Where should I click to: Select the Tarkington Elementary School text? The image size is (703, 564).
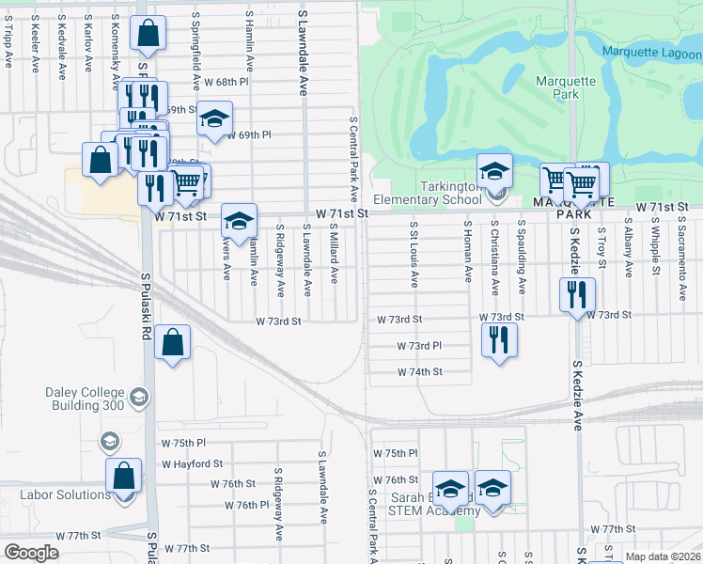point(427,193)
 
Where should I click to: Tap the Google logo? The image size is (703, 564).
point(31,552)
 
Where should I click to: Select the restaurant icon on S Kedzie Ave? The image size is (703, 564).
point(577,295)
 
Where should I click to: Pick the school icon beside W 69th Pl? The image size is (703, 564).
point(215,118)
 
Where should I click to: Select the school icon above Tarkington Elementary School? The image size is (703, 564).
point(494,171)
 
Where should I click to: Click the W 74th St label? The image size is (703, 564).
point(419,372)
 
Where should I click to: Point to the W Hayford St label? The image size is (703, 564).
point(192,463)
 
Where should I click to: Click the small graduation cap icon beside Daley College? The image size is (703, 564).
point(110,442)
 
